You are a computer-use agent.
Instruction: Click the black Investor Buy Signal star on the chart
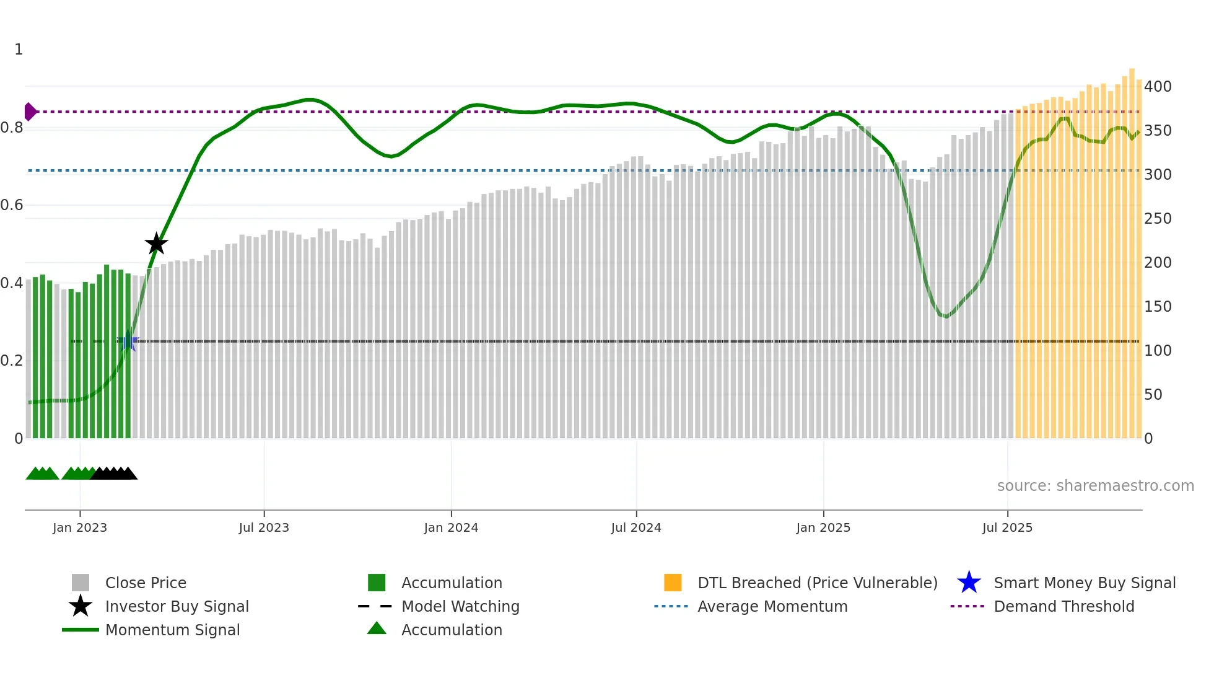tap(156, 244)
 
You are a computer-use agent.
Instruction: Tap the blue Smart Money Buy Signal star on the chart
tap(129, 341)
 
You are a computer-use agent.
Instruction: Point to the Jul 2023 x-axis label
tap(264, 527)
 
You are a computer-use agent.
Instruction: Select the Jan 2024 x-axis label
tap(451, 527)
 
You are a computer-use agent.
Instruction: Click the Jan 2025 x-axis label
tap(823, 527)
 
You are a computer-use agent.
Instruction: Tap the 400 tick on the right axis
tap(1158, 87)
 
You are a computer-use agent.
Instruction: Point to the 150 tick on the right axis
tap(1158, 307)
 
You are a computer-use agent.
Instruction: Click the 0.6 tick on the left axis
tap(12, 205)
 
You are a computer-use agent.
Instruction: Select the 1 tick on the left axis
tap(19, 50)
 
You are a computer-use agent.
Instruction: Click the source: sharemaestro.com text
tap(1095, 486)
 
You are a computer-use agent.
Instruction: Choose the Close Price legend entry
tap(146, 583)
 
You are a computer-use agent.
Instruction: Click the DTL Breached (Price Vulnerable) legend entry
tap(817, 583)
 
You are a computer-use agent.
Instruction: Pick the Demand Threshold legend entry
tap(1063, 606)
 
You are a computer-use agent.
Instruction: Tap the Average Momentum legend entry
tap(772, 606)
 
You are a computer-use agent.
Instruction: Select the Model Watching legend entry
tap(460, 606)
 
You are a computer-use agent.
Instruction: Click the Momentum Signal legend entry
tap(172, 630)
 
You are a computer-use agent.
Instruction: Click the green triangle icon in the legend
tap(377, 628)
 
